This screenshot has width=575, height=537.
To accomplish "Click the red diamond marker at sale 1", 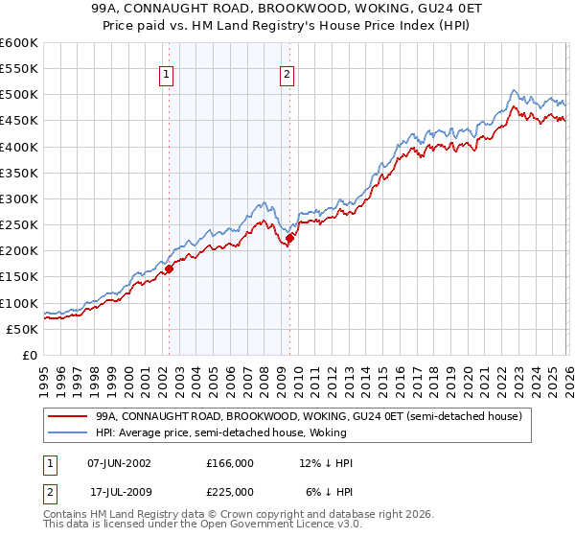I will click(x=170, y=269).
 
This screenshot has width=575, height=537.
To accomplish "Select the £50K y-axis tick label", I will click(x=21, y=329).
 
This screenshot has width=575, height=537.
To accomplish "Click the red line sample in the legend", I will click(x=69, y=417).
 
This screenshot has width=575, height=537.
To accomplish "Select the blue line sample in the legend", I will click(x=69, y=433).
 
